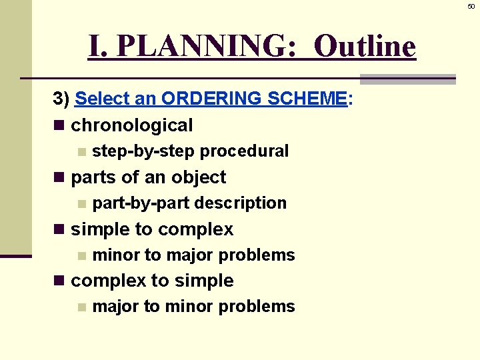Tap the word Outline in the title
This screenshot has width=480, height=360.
point(364,47)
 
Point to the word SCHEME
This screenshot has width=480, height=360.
point(307,99)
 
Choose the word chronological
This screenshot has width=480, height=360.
point(131,125)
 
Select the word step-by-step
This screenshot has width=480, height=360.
point(143,151)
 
